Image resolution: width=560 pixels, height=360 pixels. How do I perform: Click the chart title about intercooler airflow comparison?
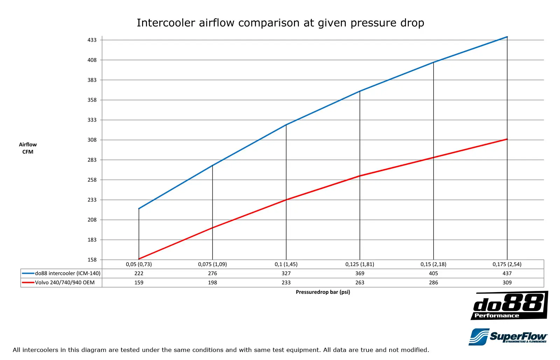pos(280,23)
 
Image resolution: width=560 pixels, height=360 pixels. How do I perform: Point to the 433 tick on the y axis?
pos(92,40)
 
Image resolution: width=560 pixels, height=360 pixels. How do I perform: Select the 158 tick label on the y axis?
pos(92,260)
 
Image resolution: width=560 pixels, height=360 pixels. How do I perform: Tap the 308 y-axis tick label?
pos(92,140)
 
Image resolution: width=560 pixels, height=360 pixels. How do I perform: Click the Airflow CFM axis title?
pos(28,148)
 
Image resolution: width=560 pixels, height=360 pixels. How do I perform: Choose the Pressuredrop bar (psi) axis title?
pos(323,292)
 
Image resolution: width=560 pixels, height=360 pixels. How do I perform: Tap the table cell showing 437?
pos(507,274)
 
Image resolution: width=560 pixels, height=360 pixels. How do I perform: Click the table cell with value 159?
pos(139,283)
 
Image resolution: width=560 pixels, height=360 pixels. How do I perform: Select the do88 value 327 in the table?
pos(286,274)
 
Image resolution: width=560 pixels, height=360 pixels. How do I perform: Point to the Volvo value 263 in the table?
pos(360,283)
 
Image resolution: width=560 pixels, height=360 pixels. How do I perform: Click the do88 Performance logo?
pos(509,306)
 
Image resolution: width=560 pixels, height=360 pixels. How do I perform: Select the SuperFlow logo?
pos(508,337)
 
